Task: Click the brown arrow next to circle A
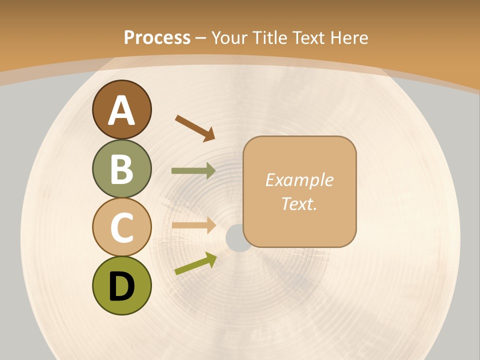[195, 128]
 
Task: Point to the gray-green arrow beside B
[193, 171]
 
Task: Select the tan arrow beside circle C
[193, 225]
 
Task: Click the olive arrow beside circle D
[195, 263]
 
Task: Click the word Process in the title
[157, 37]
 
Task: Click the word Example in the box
[299, 180]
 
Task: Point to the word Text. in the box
[299, 203]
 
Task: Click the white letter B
[121, 169]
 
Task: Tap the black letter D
[121, 286]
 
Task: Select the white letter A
[121, 110]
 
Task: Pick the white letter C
[121, 227]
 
